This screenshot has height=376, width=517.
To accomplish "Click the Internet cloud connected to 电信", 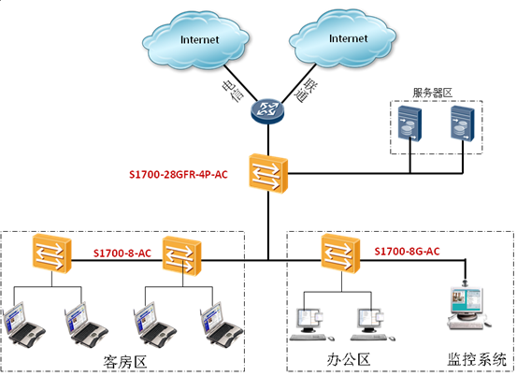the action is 195,40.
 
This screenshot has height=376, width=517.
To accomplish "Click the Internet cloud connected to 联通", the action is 343,39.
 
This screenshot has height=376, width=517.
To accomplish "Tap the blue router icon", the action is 267,111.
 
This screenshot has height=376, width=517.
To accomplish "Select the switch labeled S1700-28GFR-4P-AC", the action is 268,173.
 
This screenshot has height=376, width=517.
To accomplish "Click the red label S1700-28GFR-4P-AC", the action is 179,175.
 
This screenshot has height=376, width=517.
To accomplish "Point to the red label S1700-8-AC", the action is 122,253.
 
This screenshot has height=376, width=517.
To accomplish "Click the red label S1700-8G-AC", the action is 408,252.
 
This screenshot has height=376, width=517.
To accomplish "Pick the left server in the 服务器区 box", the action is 409,123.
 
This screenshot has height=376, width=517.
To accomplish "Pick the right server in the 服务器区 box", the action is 463,123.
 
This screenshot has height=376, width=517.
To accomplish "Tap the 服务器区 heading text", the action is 432,93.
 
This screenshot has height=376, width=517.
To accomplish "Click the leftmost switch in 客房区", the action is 52,253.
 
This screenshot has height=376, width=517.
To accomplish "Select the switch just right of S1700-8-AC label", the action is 182,256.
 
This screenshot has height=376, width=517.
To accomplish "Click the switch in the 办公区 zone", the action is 341,253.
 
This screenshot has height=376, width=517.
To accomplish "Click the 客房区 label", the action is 125,362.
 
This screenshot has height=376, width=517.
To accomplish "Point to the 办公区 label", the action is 349,359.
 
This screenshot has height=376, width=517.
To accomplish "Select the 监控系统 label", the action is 477,359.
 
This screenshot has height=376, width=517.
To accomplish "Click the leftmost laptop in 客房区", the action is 23,325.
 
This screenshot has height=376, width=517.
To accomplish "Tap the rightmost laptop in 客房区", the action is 222,325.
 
